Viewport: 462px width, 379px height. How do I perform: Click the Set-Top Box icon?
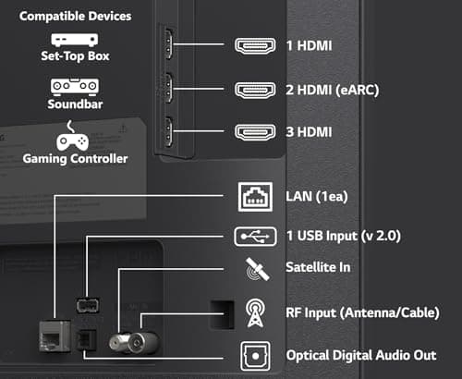74,41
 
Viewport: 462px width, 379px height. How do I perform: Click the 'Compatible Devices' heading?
75,16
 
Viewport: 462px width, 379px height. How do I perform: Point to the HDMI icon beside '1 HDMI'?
256,45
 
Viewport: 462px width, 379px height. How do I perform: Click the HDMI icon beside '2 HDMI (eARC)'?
256,90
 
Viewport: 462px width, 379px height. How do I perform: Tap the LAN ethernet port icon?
256,196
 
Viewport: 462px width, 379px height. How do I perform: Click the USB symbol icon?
256,237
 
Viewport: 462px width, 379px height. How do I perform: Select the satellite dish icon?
256,270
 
